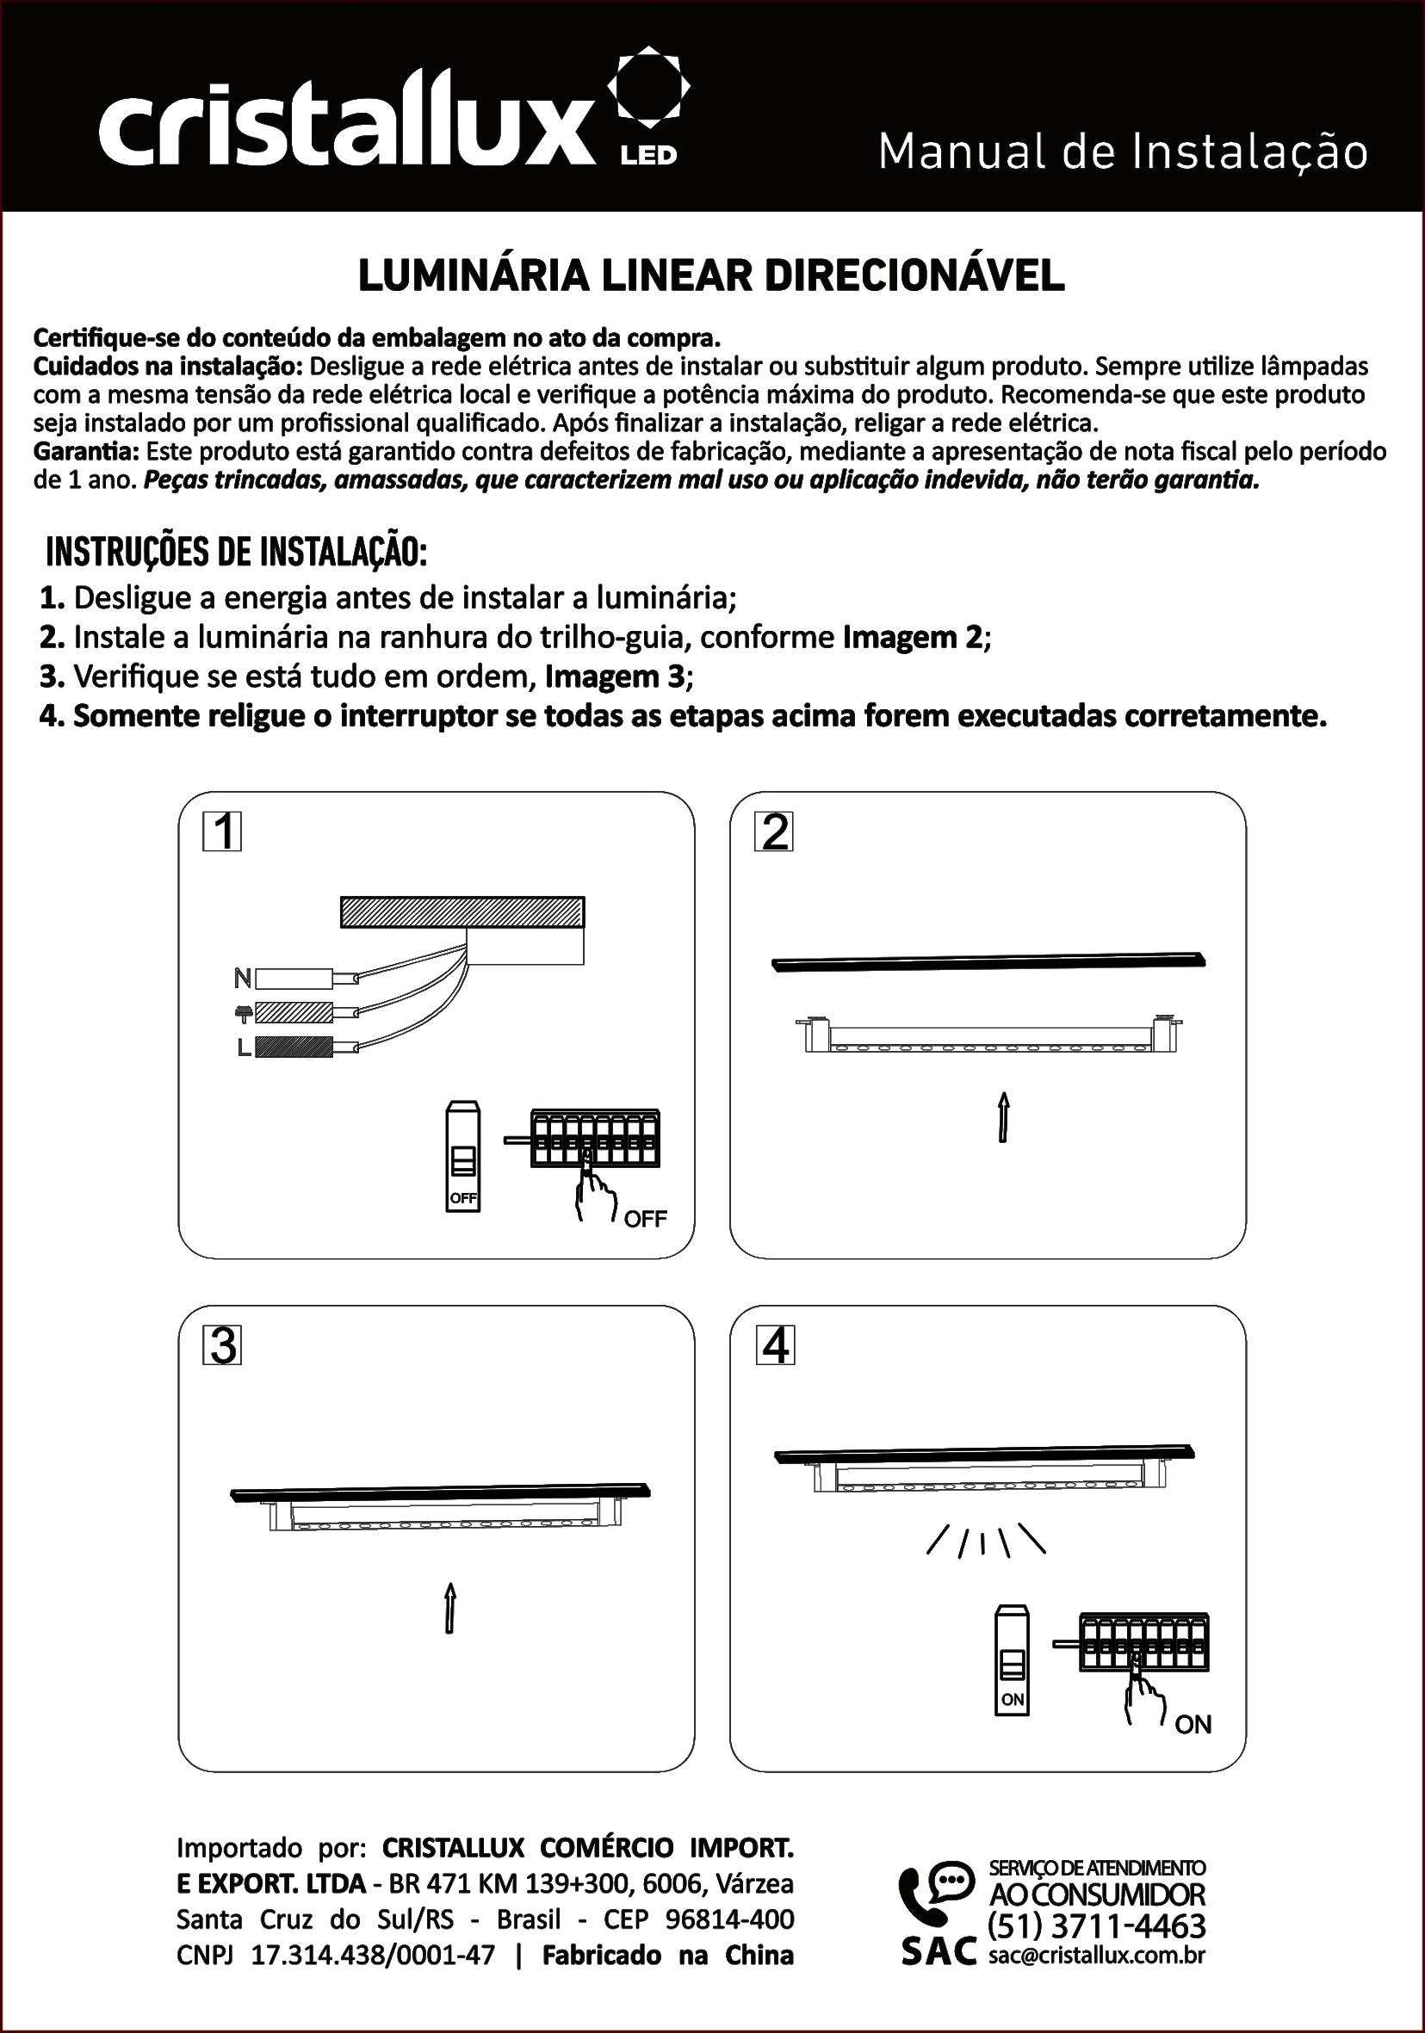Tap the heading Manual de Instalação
[1122, 152]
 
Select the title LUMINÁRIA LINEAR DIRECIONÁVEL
[711, 277]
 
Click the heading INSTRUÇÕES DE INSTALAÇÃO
[237, 553]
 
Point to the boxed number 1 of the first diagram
[222, 832]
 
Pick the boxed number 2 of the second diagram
[774, 832]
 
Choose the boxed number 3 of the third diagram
[222, 1346]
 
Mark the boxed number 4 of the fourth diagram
[775, 1346]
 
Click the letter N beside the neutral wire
[242, 979]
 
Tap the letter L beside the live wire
[244, 1047]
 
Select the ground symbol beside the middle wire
[243, 1012]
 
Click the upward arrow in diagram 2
[1003, 1117]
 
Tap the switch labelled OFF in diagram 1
[463, 1156]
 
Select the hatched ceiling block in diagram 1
[462, 912]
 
